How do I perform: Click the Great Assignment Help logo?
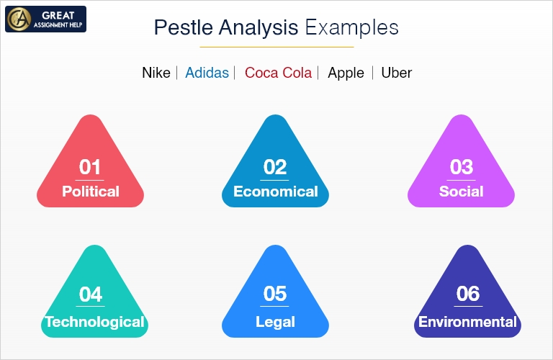click(45, 19)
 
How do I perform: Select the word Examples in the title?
click(351, 28)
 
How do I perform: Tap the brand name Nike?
click(156, 73)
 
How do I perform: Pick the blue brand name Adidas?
click(207, 73)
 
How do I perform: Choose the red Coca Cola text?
click(278, 73)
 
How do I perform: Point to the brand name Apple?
click(346, 73)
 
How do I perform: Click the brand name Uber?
click(396, 73)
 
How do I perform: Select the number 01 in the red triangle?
click(90, 167)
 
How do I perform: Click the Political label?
click(91, 192)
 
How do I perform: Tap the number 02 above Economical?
click(275, 167)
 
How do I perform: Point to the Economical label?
click(275, 192)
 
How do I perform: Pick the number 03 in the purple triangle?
click(461, 167)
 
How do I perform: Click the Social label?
click(461, 192)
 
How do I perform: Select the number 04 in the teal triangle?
click(91, 294)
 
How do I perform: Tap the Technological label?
click(94, 322)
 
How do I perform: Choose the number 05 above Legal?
click(275, 294)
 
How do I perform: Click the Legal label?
click(275, 322)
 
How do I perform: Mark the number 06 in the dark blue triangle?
click(467, 294)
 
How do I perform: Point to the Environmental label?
click(467, 322)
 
